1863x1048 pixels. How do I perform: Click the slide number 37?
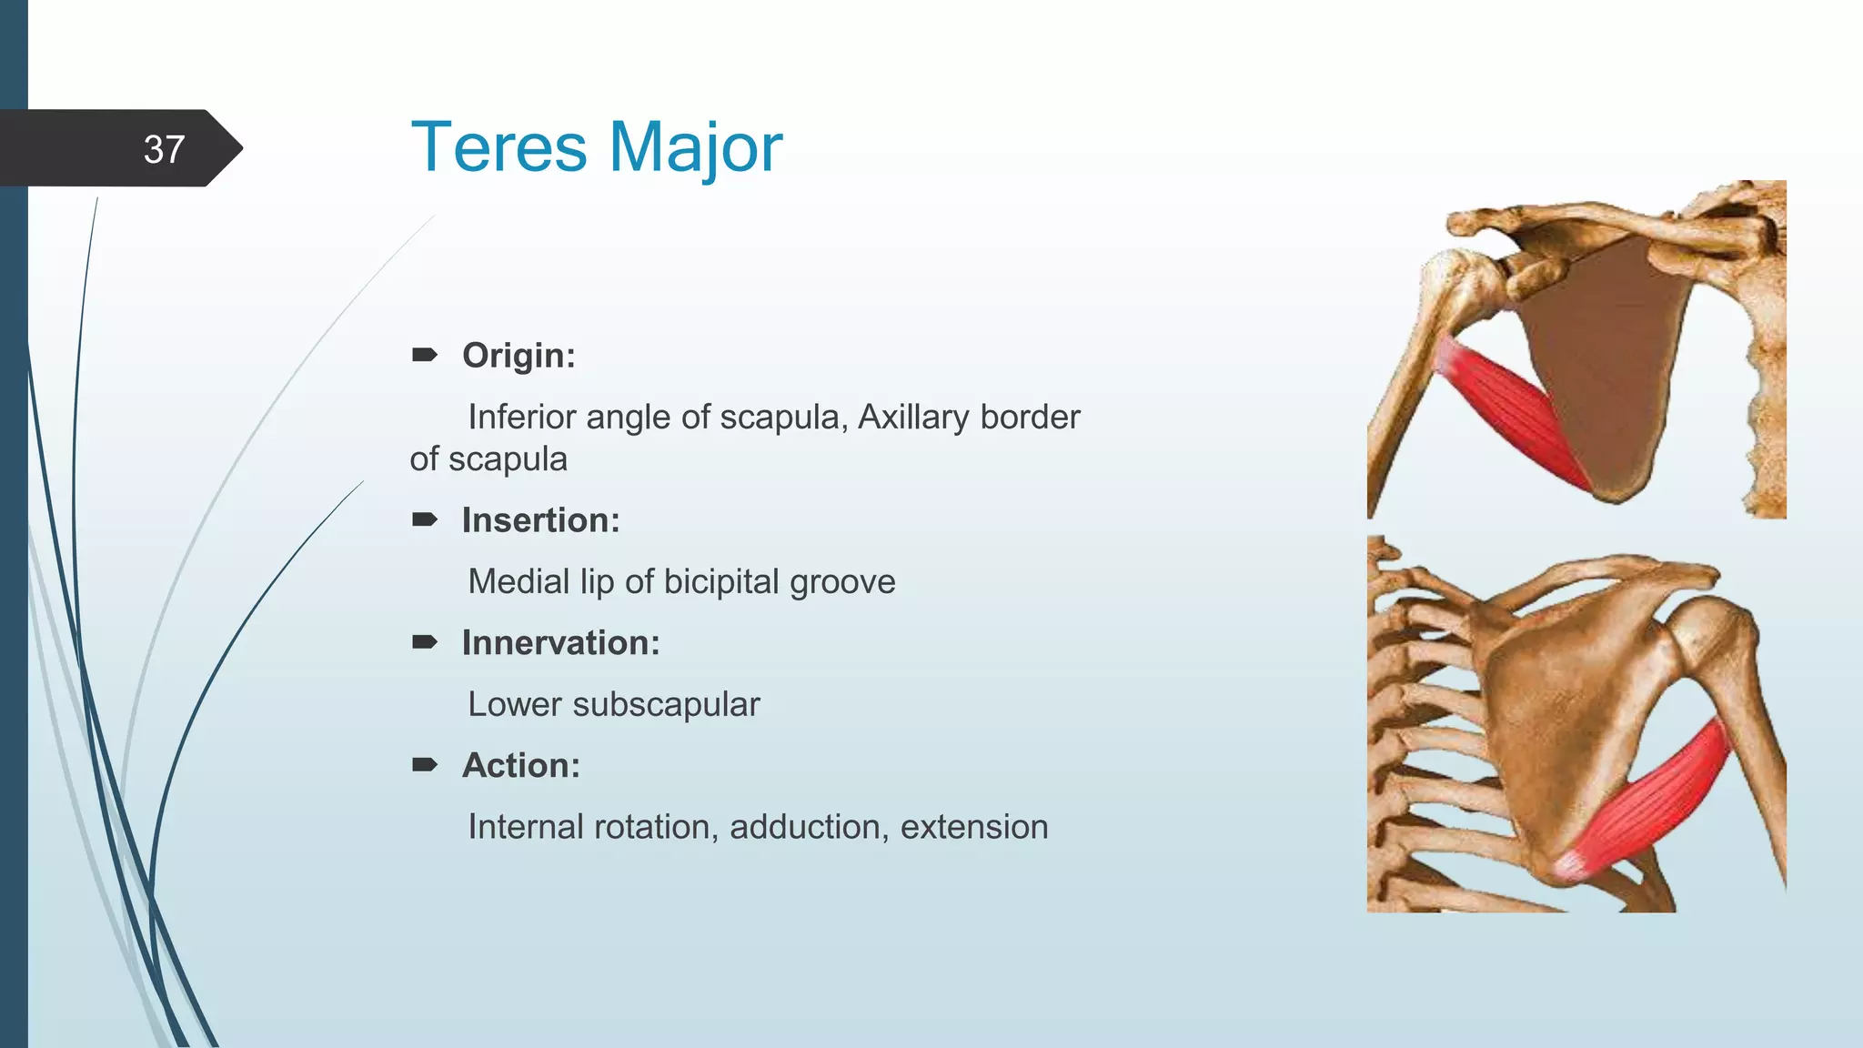pos(164,149)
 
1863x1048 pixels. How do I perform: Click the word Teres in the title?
pos(498,147)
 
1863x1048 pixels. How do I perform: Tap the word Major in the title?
pos(694,147)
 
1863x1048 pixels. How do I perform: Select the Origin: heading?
pos(519,355)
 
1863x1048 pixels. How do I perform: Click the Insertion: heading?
pos(540,519)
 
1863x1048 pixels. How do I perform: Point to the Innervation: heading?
pos(560,642)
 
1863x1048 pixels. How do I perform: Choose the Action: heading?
pos(520,765)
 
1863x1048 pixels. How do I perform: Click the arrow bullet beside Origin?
pos(425,354)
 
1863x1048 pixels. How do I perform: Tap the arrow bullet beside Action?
pos(425,764)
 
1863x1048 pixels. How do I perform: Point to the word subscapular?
pos(666,704)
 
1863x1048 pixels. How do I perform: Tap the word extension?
pos(974,827)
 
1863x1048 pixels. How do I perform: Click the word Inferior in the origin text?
pos(523,417)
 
